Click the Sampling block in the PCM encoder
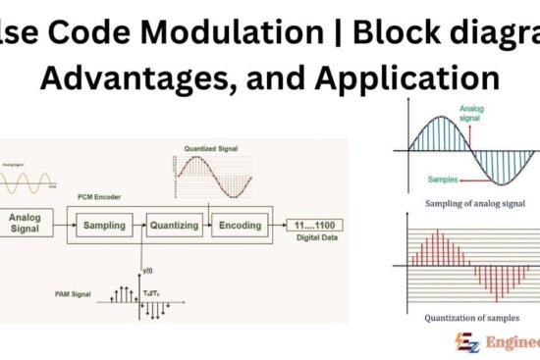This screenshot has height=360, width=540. click(x=105, y=225)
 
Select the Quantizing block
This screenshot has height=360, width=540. click(x=173, y=225)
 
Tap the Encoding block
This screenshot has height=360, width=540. click(x=241, y=225)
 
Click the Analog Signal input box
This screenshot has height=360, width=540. click(x=27, y=223)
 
